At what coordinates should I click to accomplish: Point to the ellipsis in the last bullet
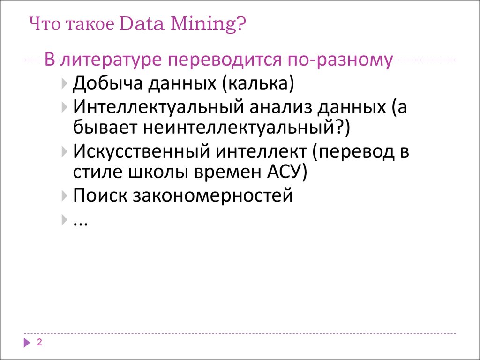click(x=82, y=221)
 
